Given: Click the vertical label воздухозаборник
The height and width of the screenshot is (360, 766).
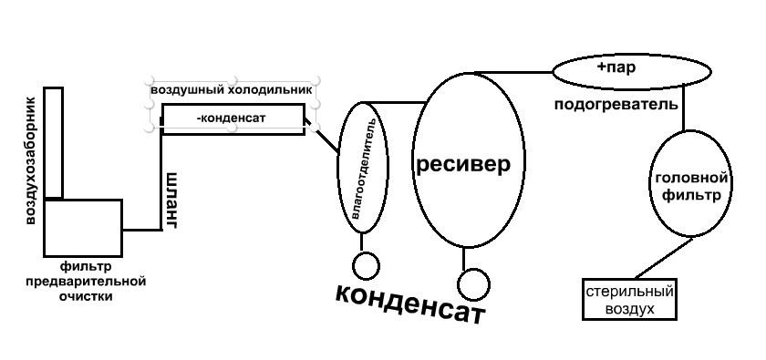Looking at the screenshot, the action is tap(30, 160).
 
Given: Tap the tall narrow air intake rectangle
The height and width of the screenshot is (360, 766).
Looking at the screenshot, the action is tap(53, 142).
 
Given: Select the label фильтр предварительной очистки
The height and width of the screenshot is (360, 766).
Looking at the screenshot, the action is tap(86, 282).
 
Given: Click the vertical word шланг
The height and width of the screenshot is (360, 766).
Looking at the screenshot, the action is tap(171, 201).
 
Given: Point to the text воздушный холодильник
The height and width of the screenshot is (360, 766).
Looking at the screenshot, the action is tap(231, 91).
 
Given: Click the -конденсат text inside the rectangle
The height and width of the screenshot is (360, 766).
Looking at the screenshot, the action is tap(231, 118).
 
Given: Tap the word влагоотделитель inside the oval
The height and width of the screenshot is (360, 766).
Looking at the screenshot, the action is tap(364, 168).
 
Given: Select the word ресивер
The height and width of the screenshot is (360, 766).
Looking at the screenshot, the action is tap(463, 165).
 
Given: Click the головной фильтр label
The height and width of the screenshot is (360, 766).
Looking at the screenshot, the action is tap(691, 187).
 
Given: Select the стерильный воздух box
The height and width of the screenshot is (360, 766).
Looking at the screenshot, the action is tap(630, 300).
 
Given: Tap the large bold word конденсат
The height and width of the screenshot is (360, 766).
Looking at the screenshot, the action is tap(409, 303).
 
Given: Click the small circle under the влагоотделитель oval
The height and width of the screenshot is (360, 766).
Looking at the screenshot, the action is tap(366, 266).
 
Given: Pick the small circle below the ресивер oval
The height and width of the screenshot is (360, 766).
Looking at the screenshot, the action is tap(473, 284).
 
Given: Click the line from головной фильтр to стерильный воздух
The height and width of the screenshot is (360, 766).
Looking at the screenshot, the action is tap(664, 258).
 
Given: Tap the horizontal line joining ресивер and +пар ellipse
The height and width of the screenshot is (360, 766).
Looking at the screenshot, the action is tap(512, 73).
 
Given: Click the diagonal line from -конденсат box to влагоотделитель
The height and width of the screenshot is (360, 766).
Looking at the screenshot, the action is tap(321, 134).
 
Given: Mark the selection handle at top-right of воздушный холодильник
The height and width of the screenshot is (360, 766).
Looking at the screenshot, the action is tap(316, 79).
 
